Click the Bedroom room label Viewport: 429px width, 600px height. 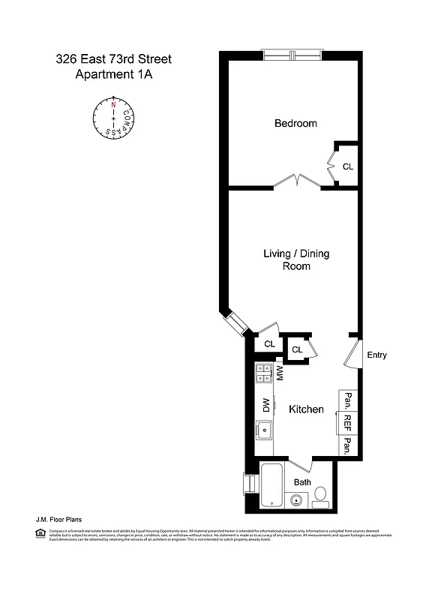click(x=295, y=123)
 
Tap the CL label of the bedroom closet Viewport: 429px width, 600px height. click(x=347, y=166)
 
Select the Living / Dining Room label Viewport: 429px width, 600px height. click(x=295, y=259)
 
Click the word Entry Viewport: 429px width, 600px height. click(x=376, y=355)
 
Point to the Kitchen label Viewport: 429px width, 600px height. click(x=306, y=409)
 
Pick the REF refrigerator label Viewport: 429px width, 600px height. click(x=347, y=423)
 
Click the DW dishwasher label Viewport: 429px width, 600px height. click(x=265, y=405)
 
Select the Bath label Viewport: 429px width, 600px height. click(x=302, y=482)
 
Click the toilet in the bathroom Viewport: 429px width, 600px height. click(x=320, y=495)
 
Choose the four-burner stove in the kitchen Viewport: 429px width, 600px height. click(x=263, y=373)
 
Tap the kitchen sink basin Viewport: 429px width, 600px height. click(x=263, y=430)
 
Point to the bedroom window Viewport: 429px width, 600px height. click(x=292, y=55)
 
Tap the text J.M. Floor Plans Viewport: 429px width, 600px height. click(x=58, y=519)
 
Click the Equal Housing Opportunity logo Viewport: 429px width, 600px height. click(x=40, y=532)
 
